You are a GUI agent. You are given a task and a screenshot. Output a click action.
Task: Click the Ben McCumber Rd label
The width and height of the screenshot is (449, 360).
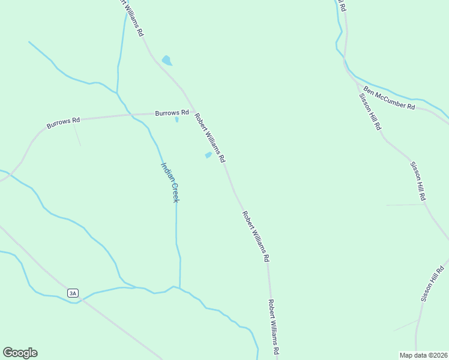[x=389, y=97]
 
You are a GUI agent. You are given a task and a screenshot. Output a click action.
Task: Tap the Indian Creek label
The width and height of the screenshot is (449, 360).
[x=170, y=182]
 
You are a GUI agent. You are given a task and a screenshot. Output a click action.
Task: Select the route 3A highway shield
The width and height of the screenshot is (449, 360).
[x=73, y=293]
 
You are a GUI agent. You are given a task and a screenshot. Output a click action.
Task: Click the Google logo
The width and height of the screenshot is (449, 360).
[x=20, y=353]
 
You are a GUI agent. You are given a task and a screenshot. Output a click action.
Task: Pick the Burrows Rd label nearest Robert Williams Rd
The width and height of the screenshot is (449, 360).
[x=172, y=113]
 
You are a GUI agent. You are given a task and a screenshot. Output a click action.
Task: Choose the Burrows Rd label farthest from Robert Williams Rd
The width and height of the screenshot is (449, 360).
[x=64, y=124]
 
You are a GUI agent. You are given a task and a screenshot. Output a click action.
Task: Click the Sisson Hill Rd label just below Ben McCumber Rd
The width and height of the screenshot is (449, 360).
[x=370, y=112]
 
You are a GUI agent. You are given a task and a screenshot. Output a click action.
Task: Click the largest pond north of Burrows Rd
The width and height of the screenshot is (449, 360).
[x=167, y=61]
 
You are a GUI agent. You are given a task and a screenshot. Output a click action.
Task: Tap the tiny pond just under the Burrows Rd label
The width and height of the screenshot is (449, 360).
[x=176, y=119]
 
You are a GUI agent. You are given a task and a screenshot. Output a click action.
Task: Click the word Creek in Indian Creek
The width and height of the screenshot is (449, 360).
[x=173, y=191]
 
